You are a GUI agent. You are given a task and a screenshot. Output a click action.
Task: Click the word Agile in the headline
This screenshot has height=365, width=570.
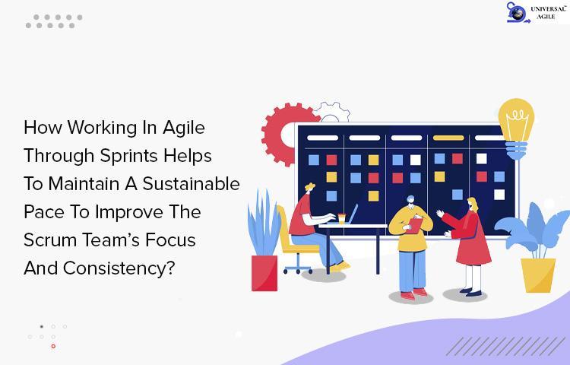[x=184, y=129]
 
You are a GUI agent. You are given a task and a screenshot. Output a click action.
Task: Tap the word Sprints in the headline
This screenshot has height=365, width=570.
[x=129, y=157]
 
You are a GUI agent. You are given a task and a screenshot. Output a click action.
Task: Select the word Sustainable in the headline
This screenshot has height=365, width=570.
[x=192, y=183]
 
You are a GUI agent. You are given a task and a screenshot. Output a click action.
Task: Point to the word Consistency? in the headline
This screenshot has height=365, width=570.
[x=119, y=268]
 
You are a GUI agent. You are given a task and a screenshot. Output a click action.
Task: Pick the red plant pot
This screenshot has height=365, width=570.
[x=264, y=273]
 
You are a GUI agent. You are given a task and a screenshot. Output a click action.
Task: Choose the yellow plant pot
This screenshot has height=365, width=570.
[x=538, y=275]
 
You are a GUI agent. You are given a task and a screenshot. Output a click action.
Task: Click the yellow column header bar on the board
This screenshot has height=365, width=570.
[x=448, y=138]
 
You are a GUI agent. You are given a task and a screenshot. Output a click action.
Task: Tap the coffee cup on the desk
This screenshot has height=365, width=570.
[x=342, y=218]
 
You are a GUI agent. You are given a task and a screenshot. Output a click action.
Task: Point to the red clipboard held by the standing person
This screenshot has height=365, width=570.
[x=413, y=225]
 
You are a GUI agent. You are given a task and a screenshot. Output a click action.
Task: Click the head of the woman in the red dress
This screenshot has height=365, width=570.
[x=473, y=205]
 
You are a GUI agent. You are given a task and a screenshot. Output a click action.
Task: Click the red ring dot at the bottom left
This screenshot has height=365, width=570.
[x=53, y=346]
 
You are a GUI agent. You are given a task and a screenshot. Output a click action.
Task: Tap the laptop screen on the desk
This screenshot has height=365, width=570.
[x=353, y=214]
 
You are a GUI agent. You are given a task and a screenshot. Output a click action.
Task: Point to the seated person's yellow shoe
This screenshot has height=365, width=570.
[x=340, y=267]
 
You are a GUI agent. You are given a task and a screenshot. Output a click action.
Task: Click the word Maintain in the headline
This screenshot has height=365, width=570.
[x=84, y=183]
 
